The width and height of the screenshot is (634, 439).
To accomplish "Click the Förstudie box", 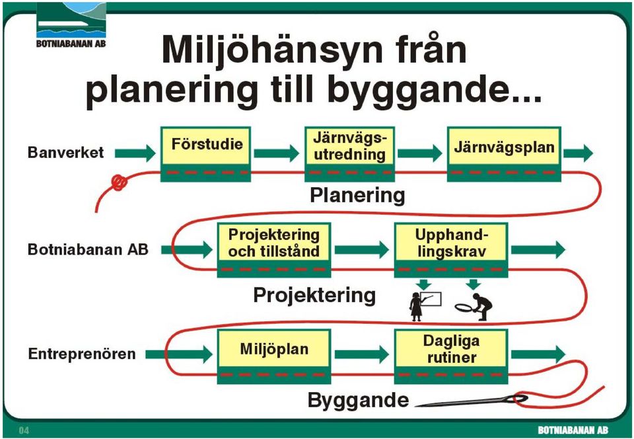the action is pyautogui.click(x=206, y=154).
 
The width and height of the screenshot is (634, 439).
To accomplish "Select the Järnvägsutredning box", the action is pyautogui.click(x=349, y=154).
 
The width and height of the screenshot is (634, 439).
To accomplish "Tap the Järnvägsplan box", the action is pyautogui.click(x=504, y=154).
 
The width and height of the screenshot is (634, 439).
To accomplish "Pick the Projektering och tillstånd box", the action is pyautogui.click(x=274, y=250).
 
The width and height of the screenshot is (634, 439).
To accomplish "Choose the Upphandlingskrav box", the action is pyautogui.click(x=451, y=250).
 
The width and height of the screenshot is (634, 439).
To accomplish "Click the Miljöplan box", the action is pyautogui.click(x=274, y=356).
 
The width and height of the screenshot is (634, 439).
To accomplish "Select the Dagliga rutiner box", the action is pyautogui.click(x=451, y=356).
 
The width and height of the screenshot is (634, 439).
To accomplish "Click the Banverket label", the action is pyautogui.click(x=65, y=153).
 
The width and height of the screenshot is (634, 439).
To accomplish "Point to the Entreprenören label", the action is pyautogui.click(x=82, y=354).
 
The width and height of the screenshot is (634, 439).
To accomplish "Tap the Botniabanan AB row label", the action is pyautogui.click(x=88, y=249).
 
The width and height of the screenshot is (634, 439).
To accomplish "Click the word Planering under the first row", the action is pyautogui.click(x=357, y=196).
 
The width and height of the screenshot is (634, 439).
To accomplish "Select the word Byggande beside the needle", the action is pyautogui.click(x=358, y=400).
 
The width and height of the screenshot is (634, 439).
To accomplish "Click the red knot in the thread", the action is pyautogui.click(x=120, y=182).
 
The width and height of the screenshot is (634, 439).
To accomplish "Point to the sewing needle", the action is pyautogui.click(x=472, y=401).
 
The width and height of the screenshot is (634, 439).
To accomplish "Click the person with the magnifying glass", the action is pyautogui.click(x=474, y=307).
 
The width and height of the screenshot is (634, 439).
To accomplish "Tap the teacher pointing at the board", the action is pyautogui.click(x=425, y=306).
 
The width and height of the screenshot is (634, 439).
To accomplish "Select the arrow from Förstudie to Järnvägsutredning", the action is pyautogui.click(x=277, y=153).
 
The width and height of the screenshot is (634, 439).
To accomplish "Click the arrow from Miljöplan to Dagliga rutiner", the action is pyautogui.click(x=362, y=354).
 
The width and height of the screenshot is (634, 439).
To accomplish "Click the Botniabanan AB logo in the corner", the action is pyautogui.click(x=71, y=25).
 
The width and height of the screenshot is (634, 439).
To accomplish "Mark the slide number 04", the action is pyautogui.click(x=24, y=430).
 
